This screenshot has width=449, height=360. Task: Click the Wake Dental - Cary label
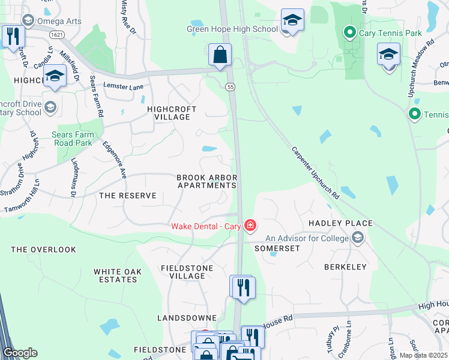tap(206, 226)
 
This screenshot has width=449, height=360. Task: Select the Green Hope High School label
tap(232, 29)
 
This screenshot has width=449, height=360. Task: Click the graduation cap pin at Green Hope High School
tap(292, 21)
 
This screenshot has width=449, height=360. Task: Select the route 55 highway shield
tap(230, 87)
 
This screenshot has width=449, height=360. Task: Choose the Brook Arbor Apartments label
tap(207, 181)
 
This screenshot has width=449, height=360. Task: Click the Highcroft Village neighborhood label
tap(169, 113)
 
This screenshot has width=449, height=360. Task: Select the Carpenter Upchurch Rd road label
tap(316, 173)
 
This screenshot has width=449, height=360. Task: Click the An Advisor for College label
tap(307, 239)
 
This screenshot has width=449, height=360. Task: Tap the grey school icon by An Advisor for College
tap(358, 239)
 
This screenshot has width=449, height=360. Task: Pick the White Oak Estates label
tap(118, 275)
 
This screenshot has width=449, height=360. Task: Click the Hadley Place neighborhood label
tap(340, 223)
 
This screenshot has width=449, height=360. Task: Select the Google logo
tap(20, 353)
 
